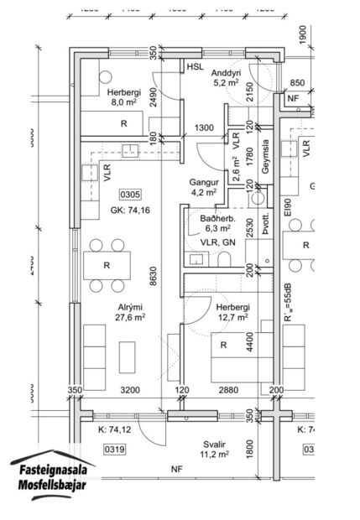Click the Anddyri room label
[x=227, y=71]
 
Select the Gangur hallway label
[x=203, y=181]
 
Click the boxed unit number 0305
[x=131, y=195]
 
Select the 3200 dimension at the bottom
[x=128, y=391]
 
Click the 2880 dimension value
[x=229, y=391]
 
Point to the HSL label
[x=195, y=66]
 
